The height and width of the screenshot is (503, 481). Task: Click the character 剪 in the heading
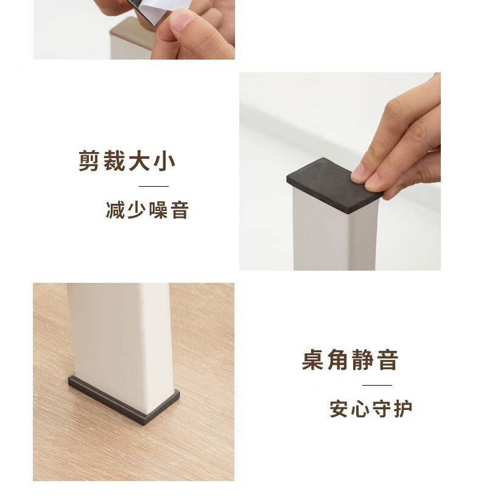[88, 161]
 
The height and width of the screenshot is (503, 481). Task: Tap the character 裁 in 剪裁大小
[114, 161]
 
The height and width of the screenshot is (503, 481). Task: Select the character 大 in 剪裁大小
[139, 161]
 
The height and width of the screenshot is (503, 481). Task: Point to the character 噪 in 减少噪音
[158, 210]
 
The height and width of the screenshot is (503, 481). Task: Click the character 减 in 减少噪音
[115, 210]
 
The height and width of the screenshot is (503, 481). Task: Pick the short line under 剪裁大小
[153, 186]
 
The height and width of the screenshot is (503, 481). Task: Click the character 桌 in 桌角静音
[312, 360]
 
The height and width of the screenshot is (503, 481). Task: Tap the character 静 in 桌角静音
[362, 360]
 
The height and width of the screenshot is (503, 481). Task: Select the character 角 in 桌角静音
[337, 360]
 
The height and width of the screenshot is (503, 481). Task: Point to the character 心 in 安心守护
[360, 409]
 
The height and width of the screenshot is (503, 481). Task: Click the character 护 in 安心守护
[403, 409]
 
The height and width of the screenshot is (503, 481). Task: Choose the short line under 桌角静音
[377, 385]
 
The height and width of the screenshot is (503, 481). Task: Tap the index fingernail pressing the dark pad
[357, 177]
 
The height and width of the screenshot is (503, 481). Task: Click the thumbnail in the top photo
[181, 19]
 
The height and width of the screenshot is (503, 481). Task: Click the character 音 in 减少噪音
[180, 210]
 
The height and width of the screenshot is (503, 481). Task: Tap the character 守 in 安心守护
[382, 409]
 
